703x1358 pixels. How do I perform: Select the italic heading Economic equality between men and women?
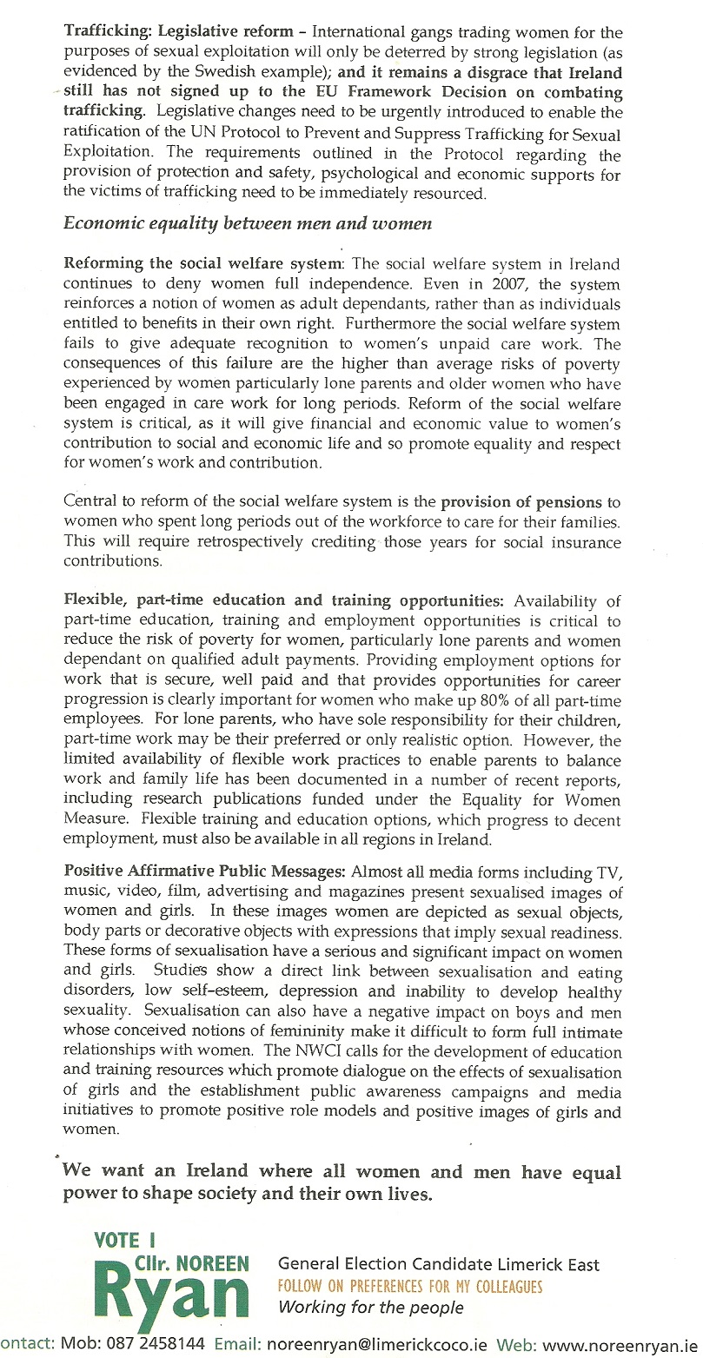pos(248,223)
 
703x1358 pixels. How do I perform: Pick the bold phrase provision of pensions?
pos(521,501)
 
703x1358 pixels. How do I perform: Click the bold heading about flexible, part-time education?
pos(283,600)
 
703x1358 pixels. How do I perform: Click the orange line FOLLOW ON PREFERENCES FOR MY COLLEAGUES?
pos(409,1286)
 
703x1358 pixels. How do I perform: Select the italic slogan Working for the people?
pos(370,1308)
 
